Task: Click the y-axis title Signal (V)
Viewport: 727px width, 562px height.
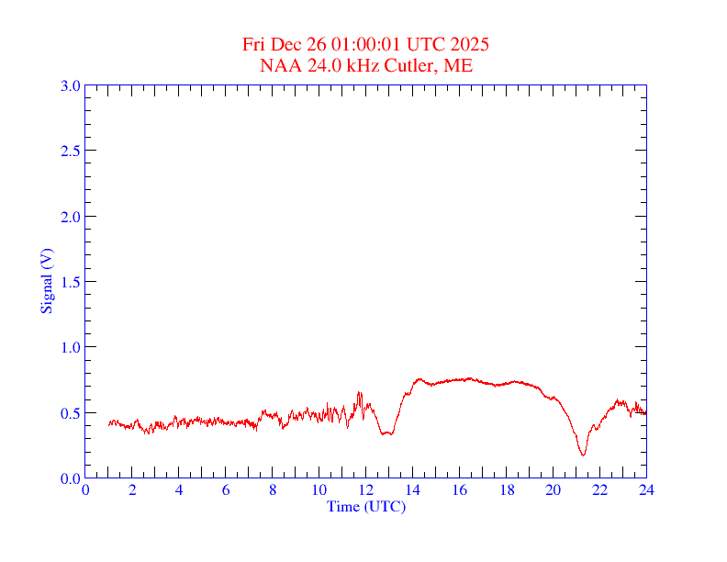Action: (46, 281)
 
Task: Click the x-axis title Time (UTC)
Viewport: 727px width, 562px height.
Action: (366, 506)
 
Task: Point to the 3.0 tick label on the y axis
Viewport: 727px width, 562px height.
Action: (70, 85)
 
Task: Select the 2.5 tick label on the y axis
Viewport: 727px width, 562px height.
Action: (70, 151)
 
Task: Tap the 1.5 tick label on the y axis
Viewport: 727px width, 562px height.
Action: (70, 282)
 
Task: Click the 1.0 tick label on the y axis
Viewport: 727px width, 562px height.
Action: (70, 347)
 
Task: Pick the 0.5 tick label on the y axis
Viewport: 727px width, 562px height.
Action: (70, 413)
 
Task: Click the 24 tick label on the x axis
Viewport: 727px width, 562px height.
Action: (646, 489)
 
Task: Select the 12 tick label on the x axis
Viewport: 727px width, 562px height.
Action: (366, 489)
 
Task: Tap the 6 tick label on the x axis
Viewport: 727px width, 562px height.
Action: (226, 489)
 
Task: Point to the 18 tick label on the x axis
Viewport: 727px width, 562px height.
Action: (507, 489)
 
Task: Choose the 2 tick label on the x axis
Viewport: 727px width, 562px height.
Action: (132, 489)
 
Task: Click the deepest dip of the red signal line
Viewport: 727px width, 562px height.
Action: (583, 455)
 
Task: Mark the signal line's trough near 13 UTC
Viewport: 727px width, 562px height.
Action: (386, 433)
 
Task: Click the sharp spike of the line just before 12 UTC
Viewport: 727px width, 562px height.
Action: (359, 393)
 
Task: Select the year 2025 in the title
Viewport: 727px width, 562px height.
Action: (469, 44)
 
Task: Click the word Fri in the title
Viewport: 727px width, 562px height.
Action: (254, 44)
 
